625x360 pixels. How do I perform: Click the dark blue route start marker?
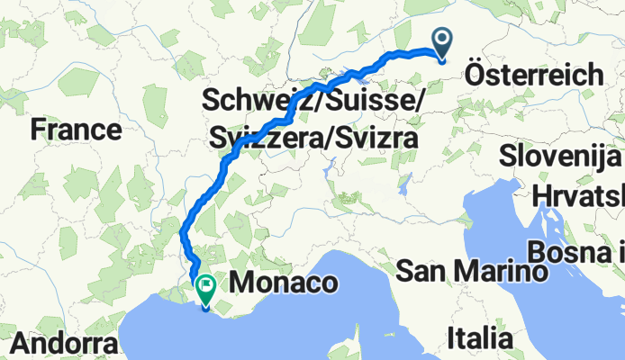pyautogui.click(x=443, y=41)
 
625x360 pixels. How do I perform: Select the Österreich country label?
pyautogui.click(x=535, y=76)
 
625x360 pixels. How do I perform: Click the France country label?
pyautogui.click(x=76, y=130)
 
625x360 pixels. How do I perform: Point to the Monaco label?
pyautogui.click(x=285, y=284)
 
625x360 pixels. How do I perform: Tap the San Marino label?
pyautogui.click(x=472, y=270)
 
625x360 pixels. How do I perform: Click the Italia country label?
pyautogui.click(x=480, y=339)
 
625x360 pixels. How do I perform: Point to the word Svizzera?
pyautogui.click(x=267, y=139)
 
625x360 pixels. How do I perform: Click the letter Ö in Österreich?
pyautogui.click(x=477, y=76)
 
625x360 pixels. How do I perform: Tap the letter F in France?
pyautogui.click(x=38, y=130)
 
